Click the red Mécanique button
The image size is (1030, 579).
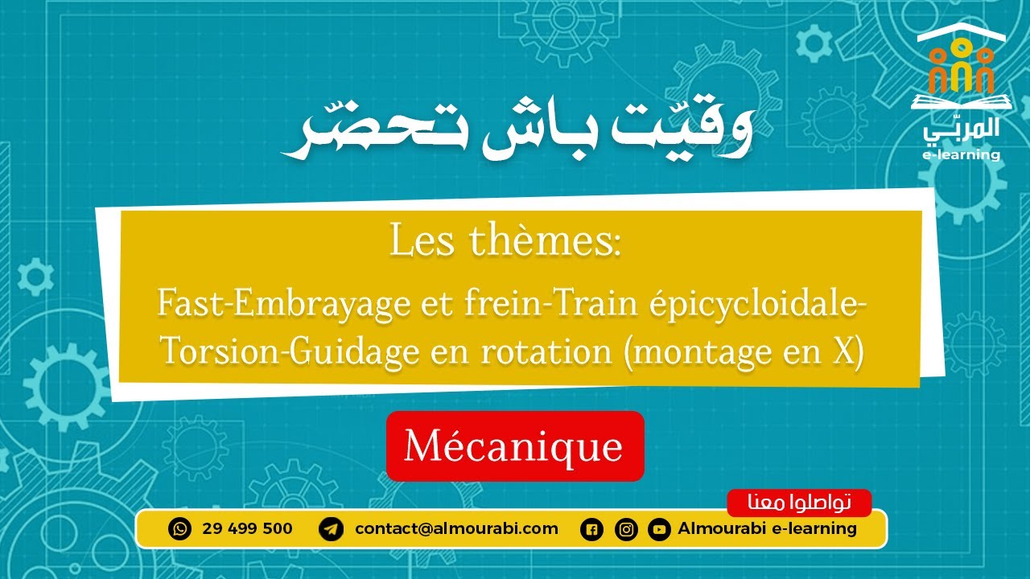[x=515, y=446]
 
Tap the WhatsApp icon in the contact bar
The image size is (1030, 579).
[x=180, y=529]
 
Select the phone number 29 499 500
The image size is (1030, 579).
[x=248, y=529]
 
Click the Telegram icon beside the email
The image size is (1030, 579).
[x=331, y=529]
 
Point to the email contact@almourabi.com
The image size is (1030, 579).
[x=456, y=529]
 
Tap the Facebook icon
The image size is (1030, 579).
[x=591, y=530]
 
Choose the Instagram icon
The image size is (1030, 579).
[x=626, y=530]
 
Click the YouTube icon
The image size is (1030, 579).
[x=659, y=530]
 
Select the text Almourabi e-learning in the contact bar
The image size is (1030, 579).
[x=767, y=529]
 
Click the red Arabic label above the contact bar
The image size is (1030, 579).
[x=799, y=503]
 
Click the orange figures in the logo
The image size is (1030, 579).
[x=961, y=68]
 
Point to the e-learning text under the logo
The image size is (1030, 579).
[x=962, y=154]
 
